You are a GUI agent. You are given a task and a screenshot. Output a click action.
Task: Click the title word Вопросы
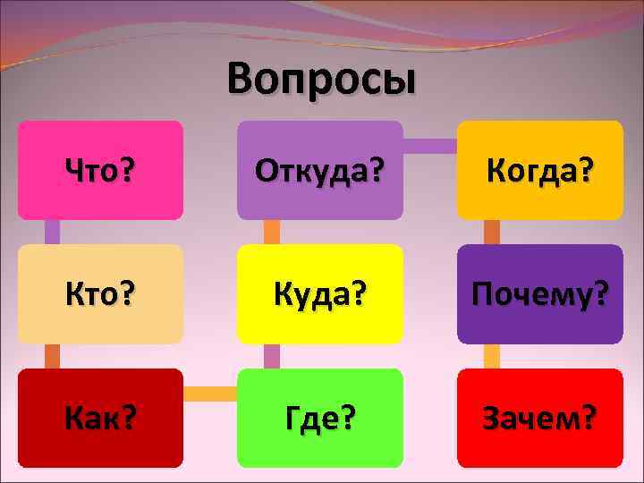point(321,79)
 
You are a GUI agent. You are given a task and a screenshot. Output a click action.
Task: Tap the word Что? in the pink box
point(100,169)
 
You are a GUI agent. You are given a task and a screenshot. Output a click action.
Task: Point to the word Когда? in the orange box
point(540,169)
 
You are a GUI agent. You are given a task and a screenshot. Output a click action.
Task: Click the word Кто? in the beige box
point(100,293)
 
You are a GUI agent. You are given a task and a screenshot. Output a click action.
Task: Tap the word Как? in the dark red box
point(100,417)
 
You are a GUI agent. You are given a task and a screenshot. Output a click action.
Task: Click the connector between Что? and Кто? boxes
point(52,232)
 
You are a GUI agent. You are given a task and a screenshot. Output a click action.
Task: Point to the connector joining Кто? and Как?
point(52,356)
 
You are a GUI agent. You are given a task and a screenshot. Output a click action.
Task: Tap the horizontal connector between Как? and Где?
point(210,393)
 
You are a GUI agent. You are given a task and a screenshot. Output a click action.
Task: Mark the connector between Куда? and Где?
point(272,356)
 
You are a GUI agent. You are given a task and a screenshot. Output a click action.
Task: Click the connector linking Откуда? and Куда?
point(272,232)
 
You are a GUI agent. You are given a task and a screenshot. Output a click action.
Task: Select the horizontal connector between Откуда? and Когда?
point(430,145)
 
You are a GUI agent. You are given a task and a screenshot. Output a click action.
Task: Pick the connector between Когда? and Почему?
point(492,232)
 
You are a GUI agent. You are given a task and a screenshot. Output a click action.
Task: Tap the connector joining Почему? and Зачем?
point(492,356)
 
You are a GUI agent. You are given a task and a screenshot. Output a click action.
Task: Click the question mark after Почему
point(604,293)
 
